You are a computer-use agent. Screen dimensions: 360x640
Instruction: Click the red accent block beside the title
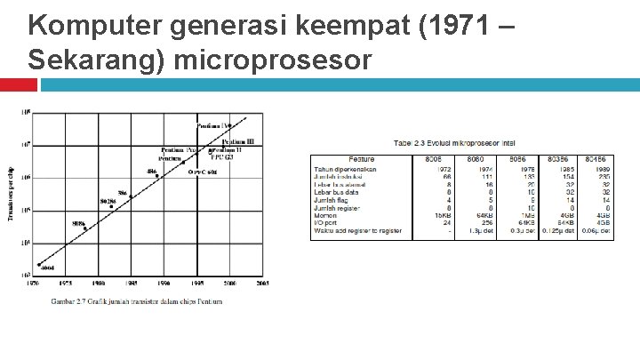[18, 84]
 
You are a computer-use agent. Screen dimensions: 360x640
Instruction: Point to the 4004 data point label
[47, 267]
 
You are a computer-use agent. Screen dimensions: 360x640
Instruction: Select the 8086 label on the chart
[79, 223]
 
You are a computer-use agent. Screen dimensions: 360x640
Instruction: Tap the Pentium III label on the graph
[237, 141]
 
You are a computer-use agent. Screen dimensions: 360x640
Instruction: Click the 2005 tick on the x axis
[262, 284]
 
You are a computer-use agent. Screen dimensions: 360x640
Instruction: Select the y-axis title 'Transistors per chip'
[10, 194]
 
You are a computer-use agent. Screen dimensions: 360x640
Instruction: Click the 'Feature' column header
[362, 159]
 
